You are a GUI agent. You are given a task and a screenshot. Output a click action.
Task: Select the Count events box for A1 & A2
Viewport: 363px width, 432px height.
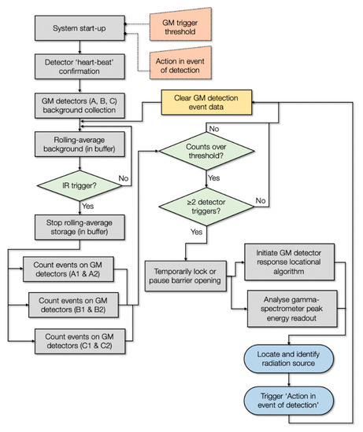72,269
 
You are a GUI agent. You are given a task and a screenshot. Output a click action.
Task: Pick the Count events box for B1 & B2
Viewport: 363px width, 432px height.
77,305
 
